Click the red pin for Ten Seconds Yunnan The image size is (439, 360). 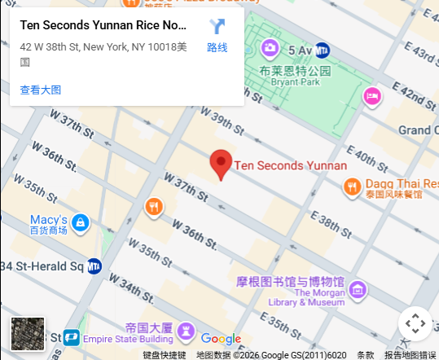221,164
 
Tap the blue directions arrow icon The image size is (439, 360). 217,26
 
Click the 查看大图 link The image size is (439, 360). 41,90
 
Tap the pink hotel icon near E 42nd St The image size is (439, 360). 372,96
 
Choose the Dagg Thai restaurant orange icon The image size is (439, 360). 352,187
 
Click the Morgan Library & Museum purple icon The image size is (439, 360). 357,289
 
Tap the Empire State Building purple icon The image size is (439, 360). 187,331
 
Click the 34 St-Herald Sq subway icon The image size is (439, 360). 94,266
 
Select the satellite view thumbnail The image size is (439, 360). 28,333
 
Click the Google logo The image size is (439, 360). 221,339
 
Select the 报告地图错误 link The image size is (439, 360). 410,354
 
